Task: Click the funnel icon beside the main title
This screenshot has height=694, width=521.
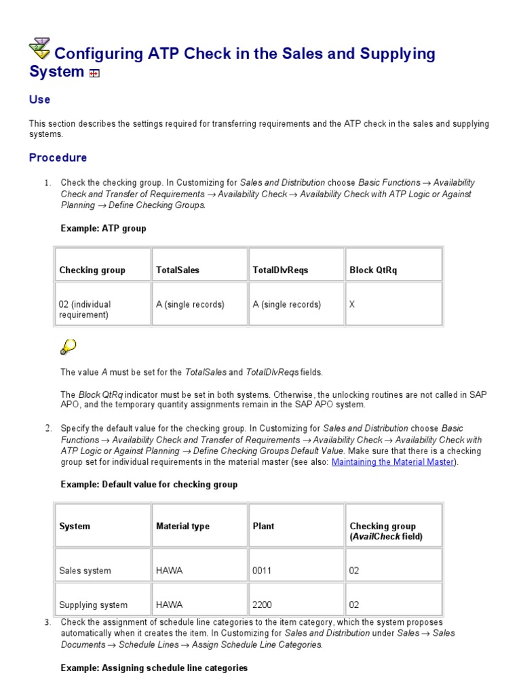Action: click(39, 49)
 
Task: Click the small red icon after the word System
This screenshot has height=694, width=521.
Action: click(94, 74)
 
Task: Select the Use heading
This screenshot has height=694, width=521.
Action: click(39, 100)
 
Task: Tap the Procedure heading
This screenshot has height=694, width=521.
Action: click(58, 158)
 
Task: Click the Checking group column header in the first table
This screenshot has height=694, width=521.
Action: click(92, 270)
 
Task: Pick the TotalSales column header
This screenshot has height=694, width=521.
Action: click(178, 270)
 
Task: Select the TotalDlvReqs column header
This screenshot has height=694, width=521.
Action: click(280, 270)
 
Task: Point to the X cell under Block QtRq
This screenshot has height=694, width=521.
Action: click(352, 305)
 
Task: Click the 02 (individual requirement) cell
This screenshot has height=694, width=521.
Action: click(85, 310)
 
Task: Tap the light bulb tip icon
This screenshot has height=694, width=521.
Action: click(68, 348)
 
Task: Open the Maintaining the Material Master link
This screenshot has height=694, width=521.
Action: click(392, 462)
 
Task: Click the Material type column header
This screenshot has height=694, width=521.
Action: click(182, 526)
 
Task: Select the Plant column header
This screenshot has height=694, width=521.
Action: click(263, 526)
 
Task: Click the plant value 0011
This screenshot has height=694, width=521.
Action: click(262, 571)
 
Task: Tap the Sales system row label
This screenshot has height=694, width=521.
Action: click(85, 571)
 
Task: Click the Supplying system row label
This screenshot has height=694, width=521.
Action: click(93, 605)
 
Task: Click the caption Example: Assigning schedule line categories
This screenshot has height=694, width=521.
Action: click(154, 668)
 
